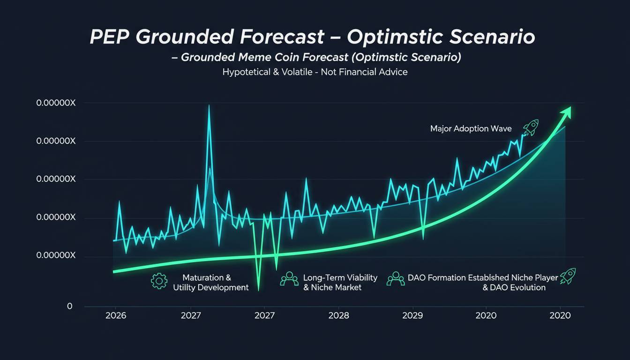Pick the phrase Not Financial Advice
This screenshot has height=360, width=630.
[x=364, y=72]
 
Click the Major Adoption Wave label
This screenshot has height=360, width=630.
[x=471, y=128]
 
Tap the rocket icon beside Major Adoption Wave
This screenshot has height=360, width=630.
[x=531, y=127]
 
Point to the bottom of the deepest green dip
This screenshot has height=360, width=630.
[x=258, y=290]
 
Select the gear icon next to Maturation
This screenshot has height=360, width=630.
[x=159, y=281]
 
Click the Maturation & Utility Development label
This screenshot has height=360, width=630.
[x=210, y=283]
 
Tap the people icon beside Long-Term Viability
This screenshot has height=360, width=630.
[x=289, y=279]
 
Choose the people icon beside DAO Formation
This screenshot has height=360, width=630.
[x=396, y=279]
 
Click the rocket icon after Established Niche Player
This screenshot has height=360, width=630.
[x=568, y=276]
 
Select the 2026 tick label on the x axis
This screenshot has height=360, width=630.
[x=116, y=315]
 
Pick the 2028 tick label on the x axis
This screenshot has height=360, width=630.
[x=338, y=315]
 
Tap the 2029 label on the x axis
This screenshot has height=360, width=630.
[x=412, y=315]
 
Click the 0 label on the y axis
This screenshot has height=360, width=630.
[x=70, y=306]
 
